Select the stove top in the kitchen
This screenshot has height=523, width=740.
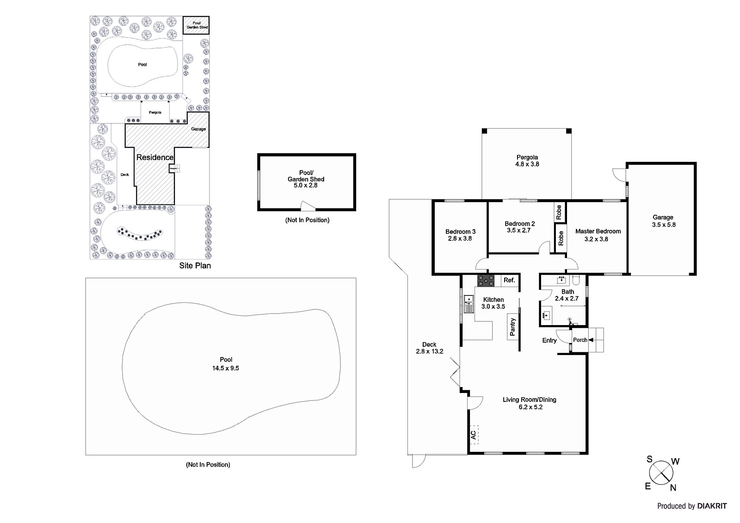[x=486, y=281]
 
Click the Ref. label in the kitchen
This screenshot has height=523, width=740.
[x=509, y=280]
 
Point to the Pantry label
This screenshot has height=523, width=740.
[x=512, y=327]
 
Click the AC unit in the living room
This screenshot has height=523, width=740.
[x=474, y=435]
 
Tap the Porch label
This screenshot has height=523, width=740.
[x=580, y=340]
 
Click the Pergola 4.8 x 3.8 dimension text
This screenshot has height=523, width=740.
[x=527, y=164]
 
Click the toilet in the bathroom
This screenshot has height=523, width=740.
[x=576, y=279]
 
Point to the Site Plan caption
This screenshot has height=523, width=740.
[x=195, y=266]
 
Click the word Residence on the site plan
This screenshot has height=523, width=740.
[x=155, y=157]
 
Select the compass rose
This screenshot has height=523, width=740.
[x=661, y=473]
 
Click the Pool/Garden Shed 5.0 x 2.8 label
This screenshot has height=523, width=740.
[x=306, y=179]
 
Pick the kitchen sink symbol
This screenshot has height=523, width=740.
[x=469, y=299]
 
